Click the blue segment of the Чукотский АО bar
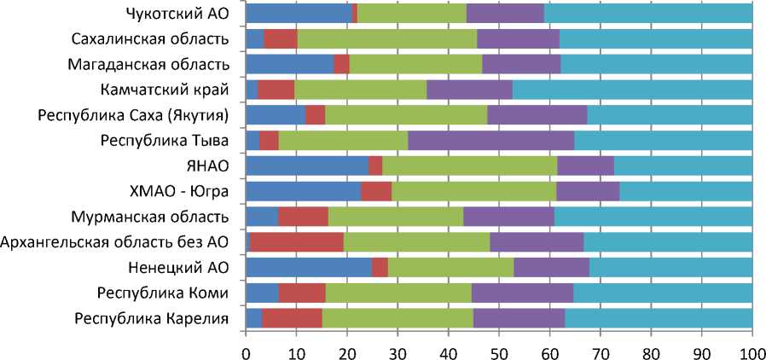pyautogui.click(x=298, y=13)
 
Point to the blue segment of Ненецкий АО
pyautogui.click(x=308, y=267)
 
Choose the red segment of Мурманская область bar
pyautogui.click(x=303, y=217)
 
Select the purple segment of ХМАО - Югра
pyautogui.click(x=588, y=191)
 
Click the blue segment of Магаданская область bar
pyautogui.click(x=289, y=64)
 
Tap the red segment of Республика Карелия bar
pyautogui.click(x=292, y=318)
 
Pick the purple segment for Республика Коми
pyautogui.click(x=522, y=293)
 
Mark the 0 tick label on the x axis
pyautogui.click(x=246, y=349)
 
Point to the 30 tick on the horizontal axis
pyautogui.click(x=398, y=349)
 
